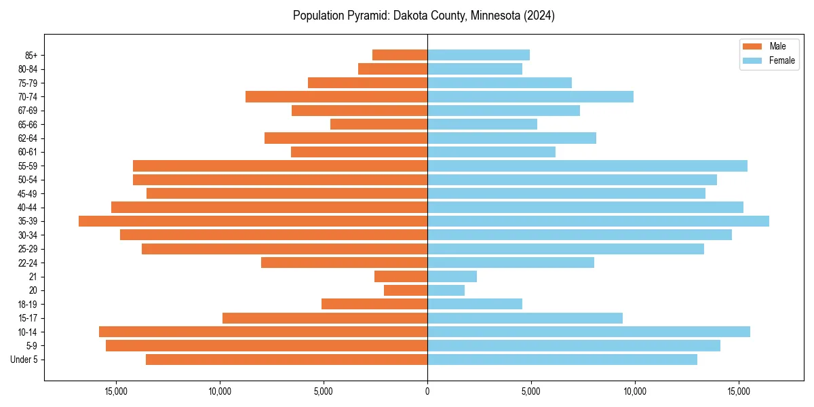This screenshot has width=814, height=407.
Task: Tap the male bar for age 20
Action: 406,290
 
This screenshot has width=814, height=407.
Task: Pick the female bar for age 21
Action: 452,276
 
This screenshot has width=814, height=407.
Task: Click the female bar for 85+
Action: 478,55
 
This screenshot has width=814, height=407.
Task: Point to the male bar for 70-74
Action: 336,96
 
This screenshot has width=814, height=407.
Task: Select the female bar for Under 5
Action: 562,360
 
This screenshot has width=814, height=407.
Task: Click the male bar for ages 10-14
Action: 263,332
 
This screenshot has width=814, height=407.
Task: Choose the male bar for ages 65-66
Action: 379,124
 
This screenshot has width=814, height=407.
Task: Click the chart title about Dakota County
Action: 424,16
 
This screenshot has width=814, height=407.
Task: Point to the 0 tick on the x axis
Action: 427,391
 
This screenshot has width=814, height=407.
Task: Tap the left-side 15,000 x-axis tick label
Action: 116,391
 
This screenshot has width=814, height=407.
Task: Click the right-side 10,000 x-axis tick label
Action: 635,391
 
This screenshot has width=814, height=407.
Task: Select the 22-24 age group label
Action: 27,263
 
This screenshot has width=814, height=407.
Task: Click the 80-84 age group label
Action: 27,69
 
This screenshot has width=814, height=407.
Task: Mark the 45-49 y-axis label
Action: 27,193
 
